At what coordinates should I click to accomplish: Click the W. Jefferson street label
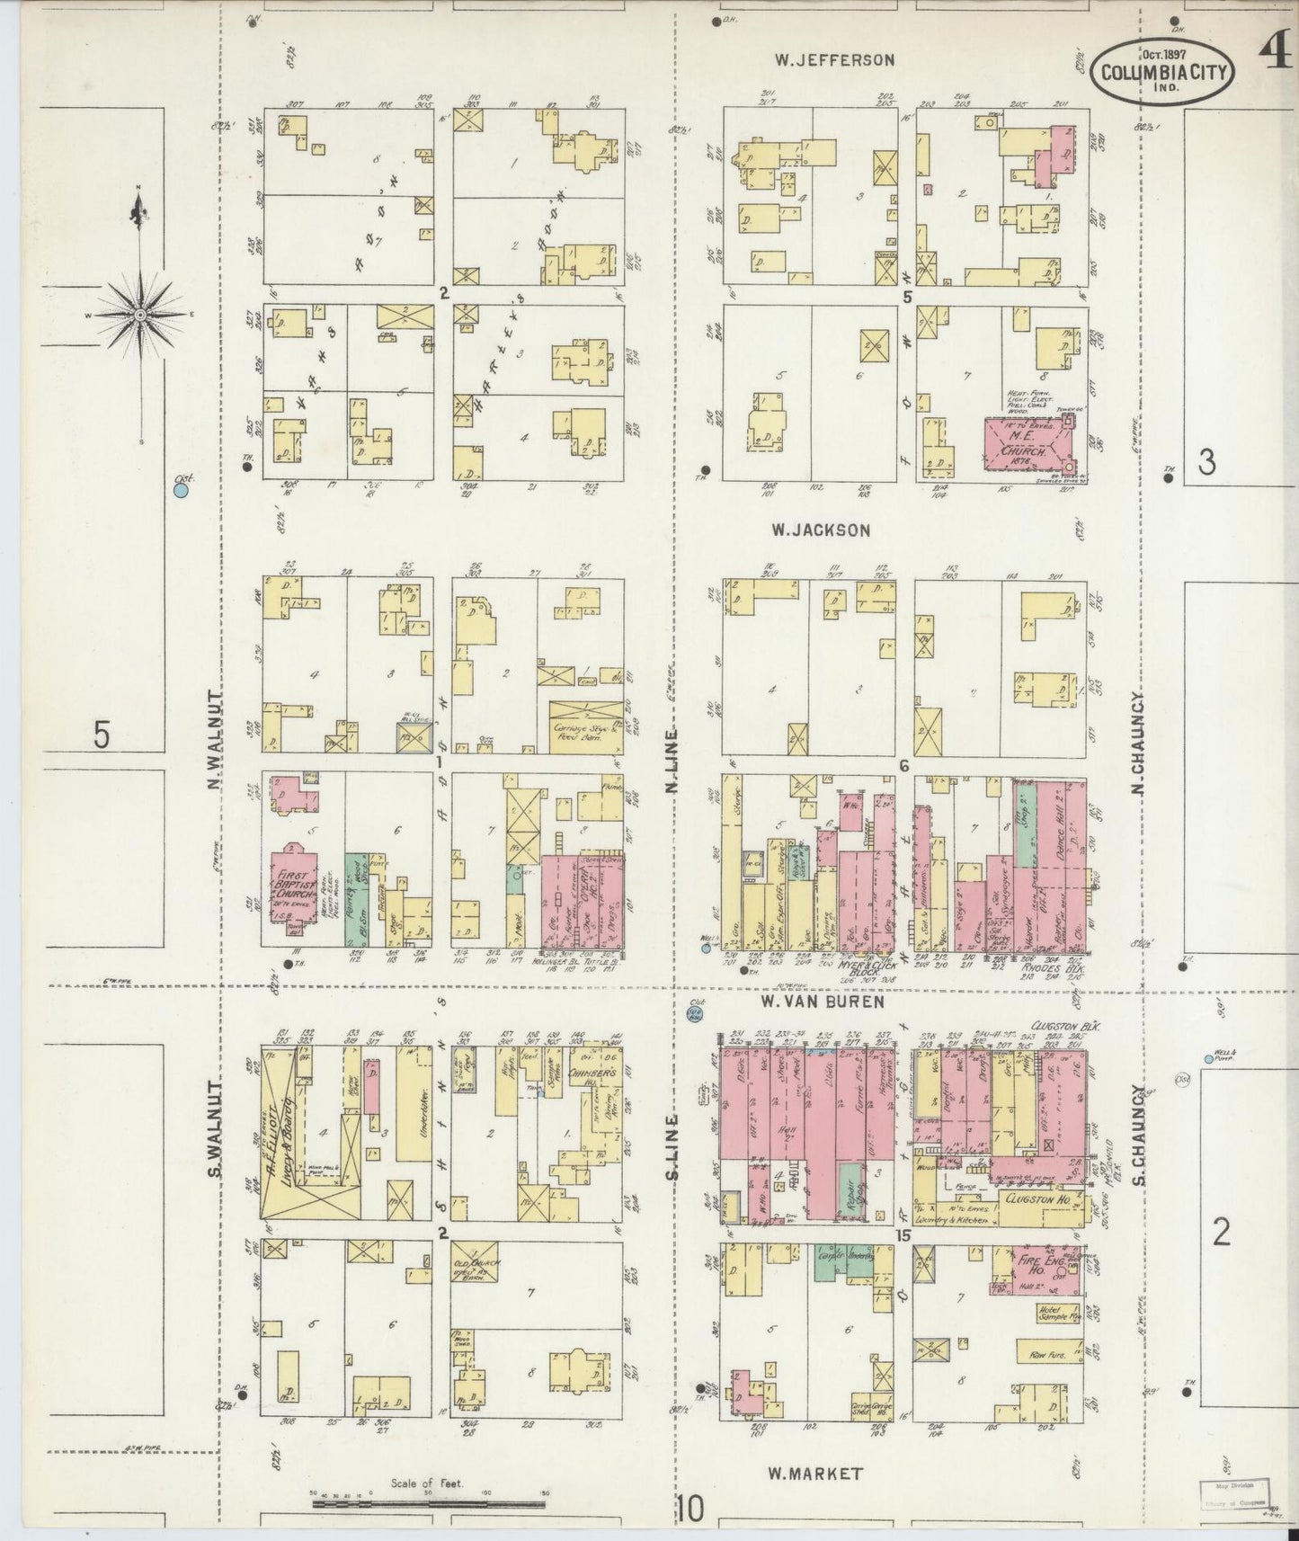tap(835, 60)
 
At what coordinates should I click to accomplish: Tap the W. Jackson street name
tap(820, 530)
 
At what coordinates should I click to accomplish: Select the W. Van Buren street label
tap(822, 1001)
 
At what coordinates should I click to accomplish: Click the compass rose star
tap(140, 315)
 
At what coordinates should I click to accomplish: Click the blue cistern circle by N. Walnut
tap(182, 491)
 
